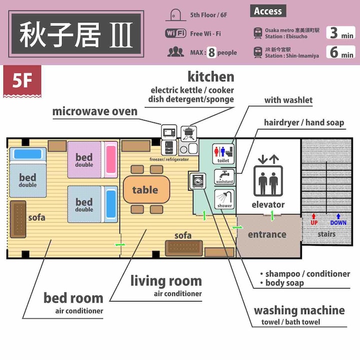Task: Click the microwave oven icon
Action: tap(169, 132)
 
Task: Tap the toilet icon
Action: tap(223, 153)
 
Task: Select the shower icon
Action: tap(224, 199)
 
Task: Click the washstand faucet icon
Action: tap(224, 176)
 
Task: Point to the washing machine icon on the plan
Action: tap(197, 180)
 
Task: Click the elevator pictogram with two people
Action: tap(268, 180)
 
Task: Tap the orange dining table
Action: tap(146, 189)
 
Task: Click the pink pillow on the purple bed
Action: tap(111, 159)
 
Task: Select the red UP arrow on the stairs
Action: tap(313, 216)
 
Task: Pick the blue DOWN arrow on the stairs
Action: tap(338, 216)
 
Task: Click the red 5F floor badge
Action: tap(22, 81)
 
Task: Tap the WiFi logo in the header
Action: tap(175, 33)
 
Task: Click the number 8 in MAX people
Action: tap(211, 52)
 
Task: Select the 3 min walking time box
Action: tap(340, 32)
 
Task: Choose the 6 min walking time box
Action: tap(340, 51)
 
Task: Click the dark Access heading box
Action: tap(268, 11)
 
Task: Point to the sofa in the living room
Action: tap(184, 248)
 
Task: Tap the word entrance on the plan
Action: tap(267, 234)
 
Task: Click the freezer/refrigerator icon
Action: tap(169, 147)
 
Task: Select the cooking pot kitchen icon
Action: tap(188, 133)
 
